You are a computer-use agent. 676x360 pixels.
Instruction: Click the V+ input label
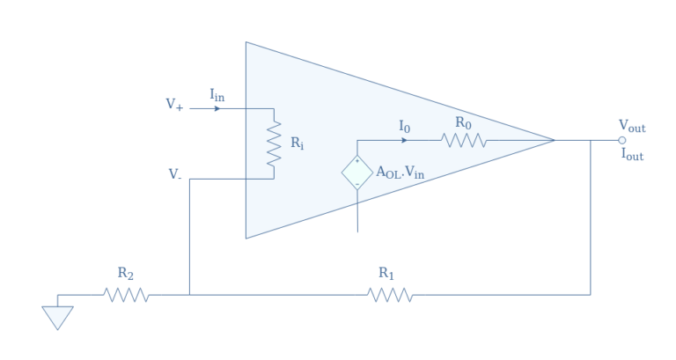[174, 104]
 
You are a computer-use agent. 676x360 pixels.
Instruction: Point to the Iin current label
[217, 94]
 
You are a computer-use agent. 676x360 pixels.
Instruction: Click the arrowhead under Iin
[217, 109]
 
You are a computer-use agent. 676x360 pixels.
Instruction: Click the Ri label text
[297, 143]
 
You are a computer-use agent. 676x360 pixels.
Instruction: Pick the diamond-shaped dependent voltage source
[357, 172]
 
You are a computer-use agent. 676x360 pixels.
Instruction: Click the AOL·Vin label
[400, 173]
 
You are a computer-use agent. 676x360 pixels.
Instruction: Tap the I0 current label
[404, 128]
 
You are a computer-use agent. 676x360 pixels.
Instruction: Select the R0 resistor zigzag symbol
[463, 140]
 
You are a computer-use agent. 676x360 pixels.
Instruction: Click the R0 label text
[463, 122]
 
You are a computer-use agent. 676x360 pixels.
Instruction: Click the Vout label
[632, 127]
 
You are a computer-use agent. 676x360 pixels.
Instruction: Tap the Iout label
[633, 154]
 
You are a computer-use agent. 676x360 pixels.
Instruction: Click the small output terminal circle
[622, 140]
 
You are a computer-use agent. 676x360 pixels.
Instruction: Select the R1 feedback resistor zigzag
[391, 294]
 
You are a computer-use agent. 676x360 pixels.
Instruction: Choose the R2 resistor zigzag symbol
[127, 294]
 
